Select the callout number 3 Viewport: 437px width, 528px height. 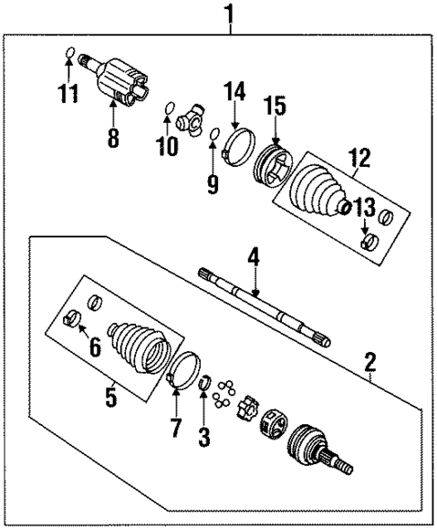pyautogui.click(x=205, y=438)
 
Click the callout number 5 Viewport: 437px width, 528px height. pyautogui.click(x=110, y=397)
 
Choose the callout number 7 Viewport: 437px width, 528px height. pyautogui.click(x=175, y=423)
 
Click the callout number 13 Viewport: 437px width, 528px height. pyautogui.click(x=366, y=208)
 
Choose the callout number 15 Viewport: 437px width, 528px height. pyautogui.click(x=275, y=107)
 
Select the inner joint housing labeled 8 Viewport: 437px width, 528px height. pyautogui.click(x=123, y=79)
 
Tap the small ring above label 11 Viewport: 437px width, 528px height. pyautogui.click(x=68, y=55)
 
